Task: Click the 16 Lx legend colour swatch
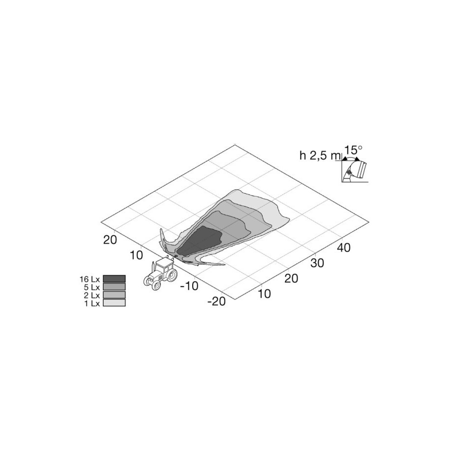pos(114,279)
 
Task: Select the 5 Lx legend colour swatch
pos(114,287)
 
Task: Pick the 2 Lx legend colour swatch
pos(114,294)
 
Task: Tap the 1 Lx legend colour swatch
pos(114,302)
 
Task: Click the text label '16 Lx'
pos(89,279)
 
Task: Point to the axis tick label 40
pos(344,247)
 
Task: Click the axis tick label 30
pos(317,263)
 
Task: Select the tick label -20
pos(216,301)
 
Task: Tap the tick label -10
pos(189,286)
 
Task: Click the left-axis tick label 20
pos(110,240)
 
